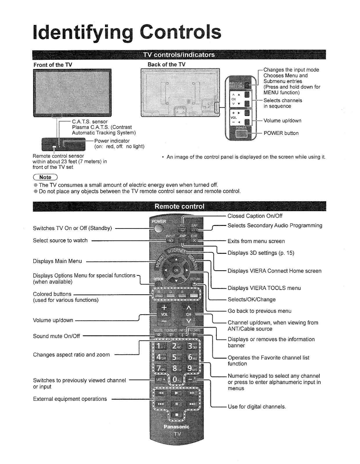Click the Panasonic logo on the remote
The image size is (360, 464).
[176, 427]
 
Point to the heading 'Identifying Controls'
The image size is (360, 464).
[127, 32]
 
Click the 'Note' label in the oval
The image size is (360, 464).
[45, 177]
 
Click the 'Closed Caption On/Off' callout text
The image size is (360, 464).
[255, 216]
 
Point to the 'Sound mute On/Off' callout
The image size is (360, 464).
[56, 336]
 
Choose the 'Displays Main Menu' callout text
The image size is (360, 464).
[57, 261]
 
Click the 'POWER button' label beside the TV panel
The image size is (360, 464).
[281, 133]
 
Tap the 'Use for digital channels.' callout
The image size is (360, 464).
[257, 407]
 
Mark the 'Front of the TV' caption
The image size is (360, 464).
[53, 65]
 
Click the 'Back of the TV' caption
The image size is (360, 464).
[166, 64]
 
